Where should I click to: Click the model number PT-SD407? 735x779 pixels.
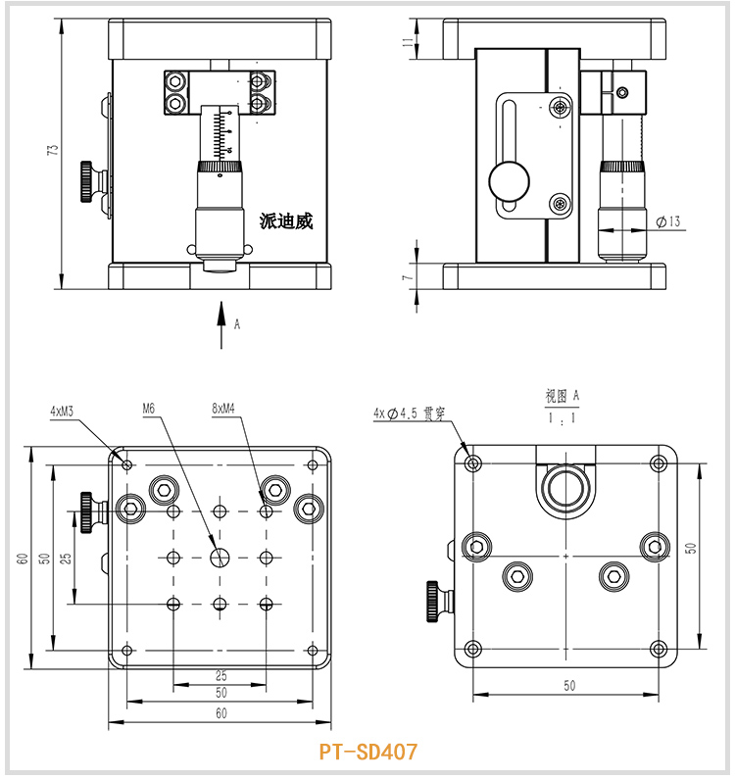(x=367, y=753)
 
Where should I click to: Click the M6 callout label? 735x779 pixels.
(x=149, y=408)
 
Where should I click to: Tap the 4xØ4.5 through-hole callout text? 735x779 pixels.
(x=409, y=414)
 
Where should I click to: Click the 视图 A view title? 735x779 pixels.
(x=563, y=396)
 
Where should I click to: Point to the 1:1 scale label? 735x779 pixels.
(x=563, y=418)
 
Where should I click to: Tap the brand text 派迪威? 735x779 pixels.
(x=286, y=221)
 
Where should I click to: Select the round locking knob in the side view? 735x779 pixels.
(x=509, y=181)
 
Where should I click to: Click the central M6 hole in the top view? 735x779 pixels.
(x=220, y=557)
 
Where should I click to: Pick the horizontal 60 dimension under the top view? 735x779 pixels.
(x=220, y=714)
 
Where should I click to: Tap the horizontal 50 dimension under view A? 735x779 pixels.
(x=568, y=686)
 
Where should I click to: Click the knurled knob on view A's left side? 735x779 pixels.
(x=432, y=601)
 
